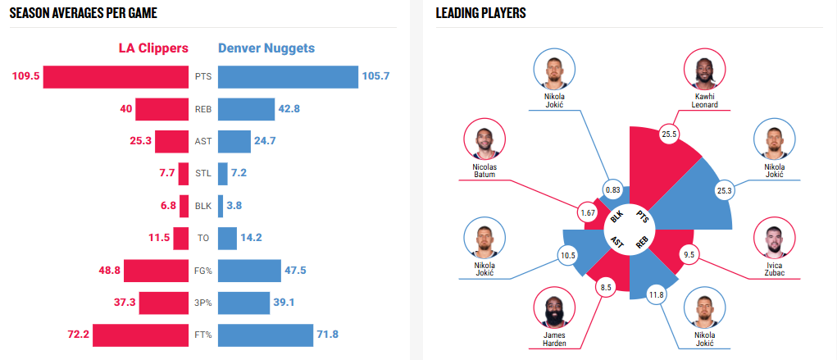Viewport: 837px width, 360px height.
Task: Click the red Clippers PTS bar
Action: (116, 77)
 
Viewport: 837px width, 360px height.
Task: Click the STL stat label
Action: (203, 174)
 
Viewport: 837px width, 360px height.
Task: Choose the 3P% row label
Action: (203, 303)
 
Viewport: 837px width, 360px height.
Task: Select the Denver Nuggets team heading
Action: (266, 48)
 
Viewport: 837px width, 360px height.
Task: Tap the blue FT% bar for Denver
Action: (266, 335)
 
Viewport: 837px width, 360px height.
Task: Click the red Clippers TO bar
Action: (182, 238)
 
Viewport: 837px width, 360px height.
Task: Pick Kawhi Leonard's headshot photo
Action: (705, 71)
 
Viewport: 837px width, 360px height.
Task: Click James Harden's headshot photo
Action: (554, 308)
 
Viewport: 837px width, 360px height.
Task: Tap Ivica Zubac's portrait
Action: (774, 238)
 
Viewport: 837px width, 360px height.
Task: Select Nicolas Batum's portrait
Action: (484, 140)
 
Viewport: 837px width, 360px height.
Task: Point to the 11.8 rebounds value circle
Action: (656, 294)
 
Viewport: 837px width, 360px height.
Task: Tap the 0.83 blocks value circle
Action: (612, 190)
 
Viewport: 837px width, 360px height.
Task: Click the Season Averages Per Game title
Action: (84, 13)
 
